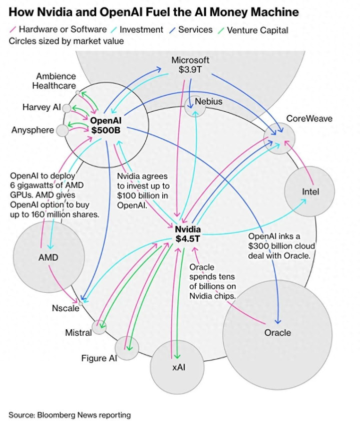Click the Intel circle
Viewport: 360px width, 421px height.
pos(310,191)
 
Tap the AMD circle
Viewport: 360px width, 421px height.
pos(48,258)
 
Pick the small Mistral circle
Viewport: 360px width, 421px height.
pos(99,327)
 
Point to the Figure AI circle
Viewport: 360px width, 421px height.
pos(127,348)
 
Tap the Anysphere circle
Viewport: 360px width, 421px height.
pos(62,131)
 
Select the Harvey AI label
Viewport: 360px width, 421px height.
pos(42,107)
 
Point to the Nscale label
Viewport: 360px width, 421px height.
pos(66,308)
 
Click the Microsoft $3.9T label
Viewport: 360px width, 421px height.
pos(190,65)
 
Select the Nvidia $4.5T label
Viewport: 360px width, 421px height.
pos(187,233)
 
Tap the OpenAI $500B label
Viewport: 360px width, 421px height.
pos(106,125)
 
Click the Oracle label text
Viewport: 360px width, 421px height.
pos(277,332)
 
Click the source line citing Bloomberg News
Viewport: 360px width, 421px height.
pos(70,414)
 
